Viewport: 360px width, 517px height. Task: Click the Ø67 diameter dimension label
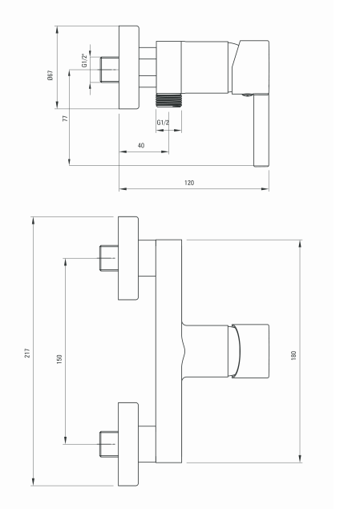[50, 75]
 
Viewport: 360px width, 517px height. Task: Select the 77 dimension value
[65, 118]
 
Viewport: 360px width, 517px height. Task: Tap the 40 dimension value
[141, 145]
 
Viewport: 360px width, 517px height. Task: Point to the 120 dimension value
[189, 183]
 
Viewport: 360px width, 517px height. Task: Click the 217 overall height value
[27, 353]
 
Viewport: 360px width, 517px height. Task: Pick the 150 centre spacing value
[59, 359]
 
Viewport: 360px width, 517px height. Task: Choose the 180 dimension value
[293, 355]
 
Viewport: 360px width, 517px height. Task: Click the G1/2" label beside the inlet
[85, 60]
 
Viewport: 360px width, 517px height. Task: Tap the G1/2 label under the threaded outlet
[163, 123]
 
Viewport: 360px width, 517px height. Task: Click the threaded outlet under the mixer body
[168, 100]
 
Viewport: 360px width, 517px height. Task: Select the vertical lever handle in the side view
[261, 130]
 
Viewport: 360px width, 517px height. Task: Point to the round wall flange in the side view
[129, 67]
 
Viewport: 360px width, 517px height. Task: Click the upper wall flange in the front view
[128, 258]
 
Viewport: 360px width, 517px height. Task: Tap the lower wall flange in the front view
[128, 444]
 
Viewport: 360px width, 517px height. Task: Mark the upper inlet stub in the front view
[109, 258]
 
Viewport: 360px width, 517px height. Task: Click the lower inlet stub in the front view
[109, 444]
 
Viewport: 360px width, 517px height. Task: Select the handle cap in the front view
[250, 351]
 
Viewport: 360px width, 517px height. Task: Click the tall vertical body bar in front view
[169, 351]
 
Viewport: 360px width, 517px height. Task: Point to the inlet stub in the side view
[110, 70]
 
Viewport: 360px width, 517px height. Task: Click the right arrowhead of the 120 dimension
[265, 189]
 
